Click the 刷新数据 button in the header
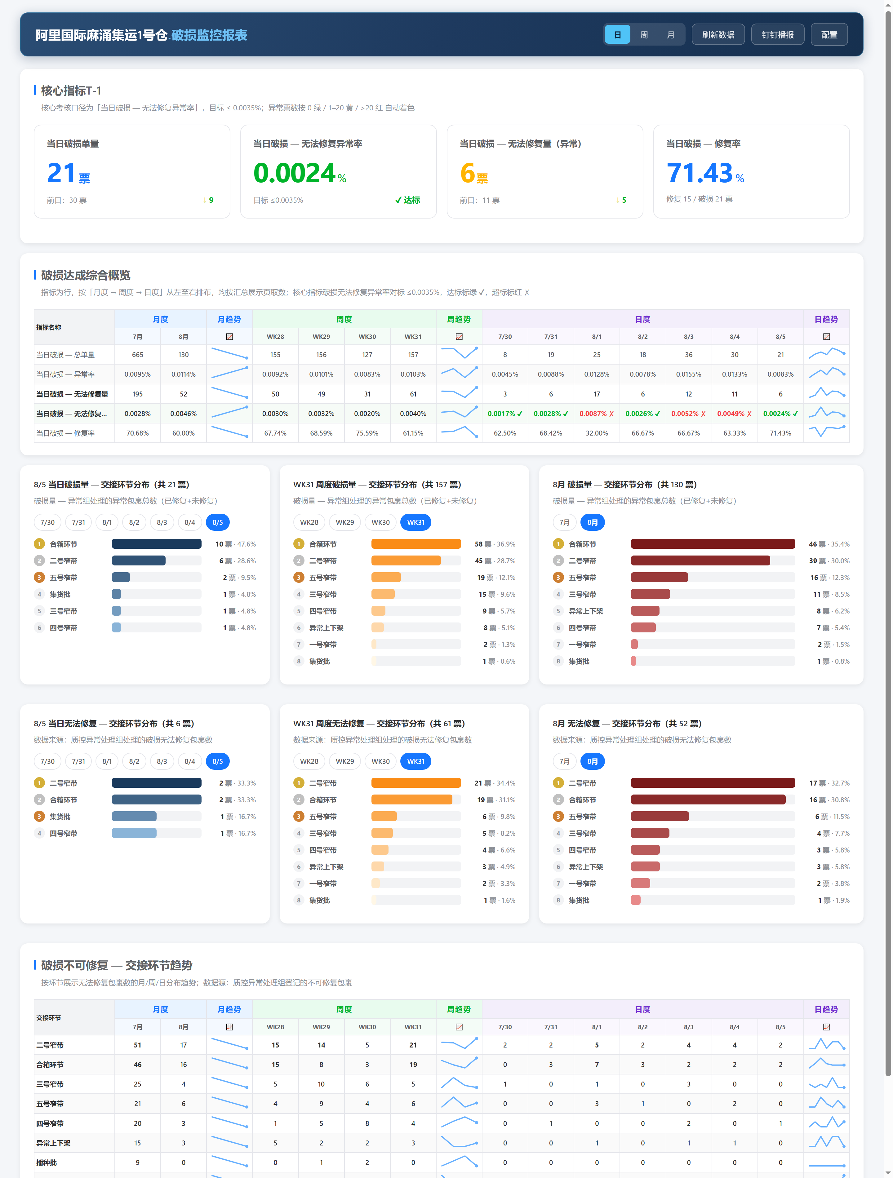718,35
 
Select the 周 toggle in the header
644,35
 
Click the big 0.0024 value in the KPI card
294,173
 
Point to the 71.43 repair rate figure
700,173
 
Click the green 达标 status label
408,200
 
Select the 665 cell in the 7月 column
137,355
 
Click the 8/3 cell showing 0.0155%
688,374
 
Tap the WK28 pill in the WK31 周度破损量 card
309,522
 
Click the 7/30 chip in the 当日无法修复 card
47,762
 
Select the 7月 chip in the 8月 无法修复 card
564,762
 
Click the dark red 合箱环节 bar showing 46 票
713,544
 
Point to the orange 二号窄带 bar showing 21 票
416,783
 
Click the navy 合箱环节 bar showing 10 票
157,544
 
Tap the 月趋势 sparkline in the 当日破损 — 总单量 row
230,353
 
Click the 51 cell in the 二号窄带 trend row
137,1045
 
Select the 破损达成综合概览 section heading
86,275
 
